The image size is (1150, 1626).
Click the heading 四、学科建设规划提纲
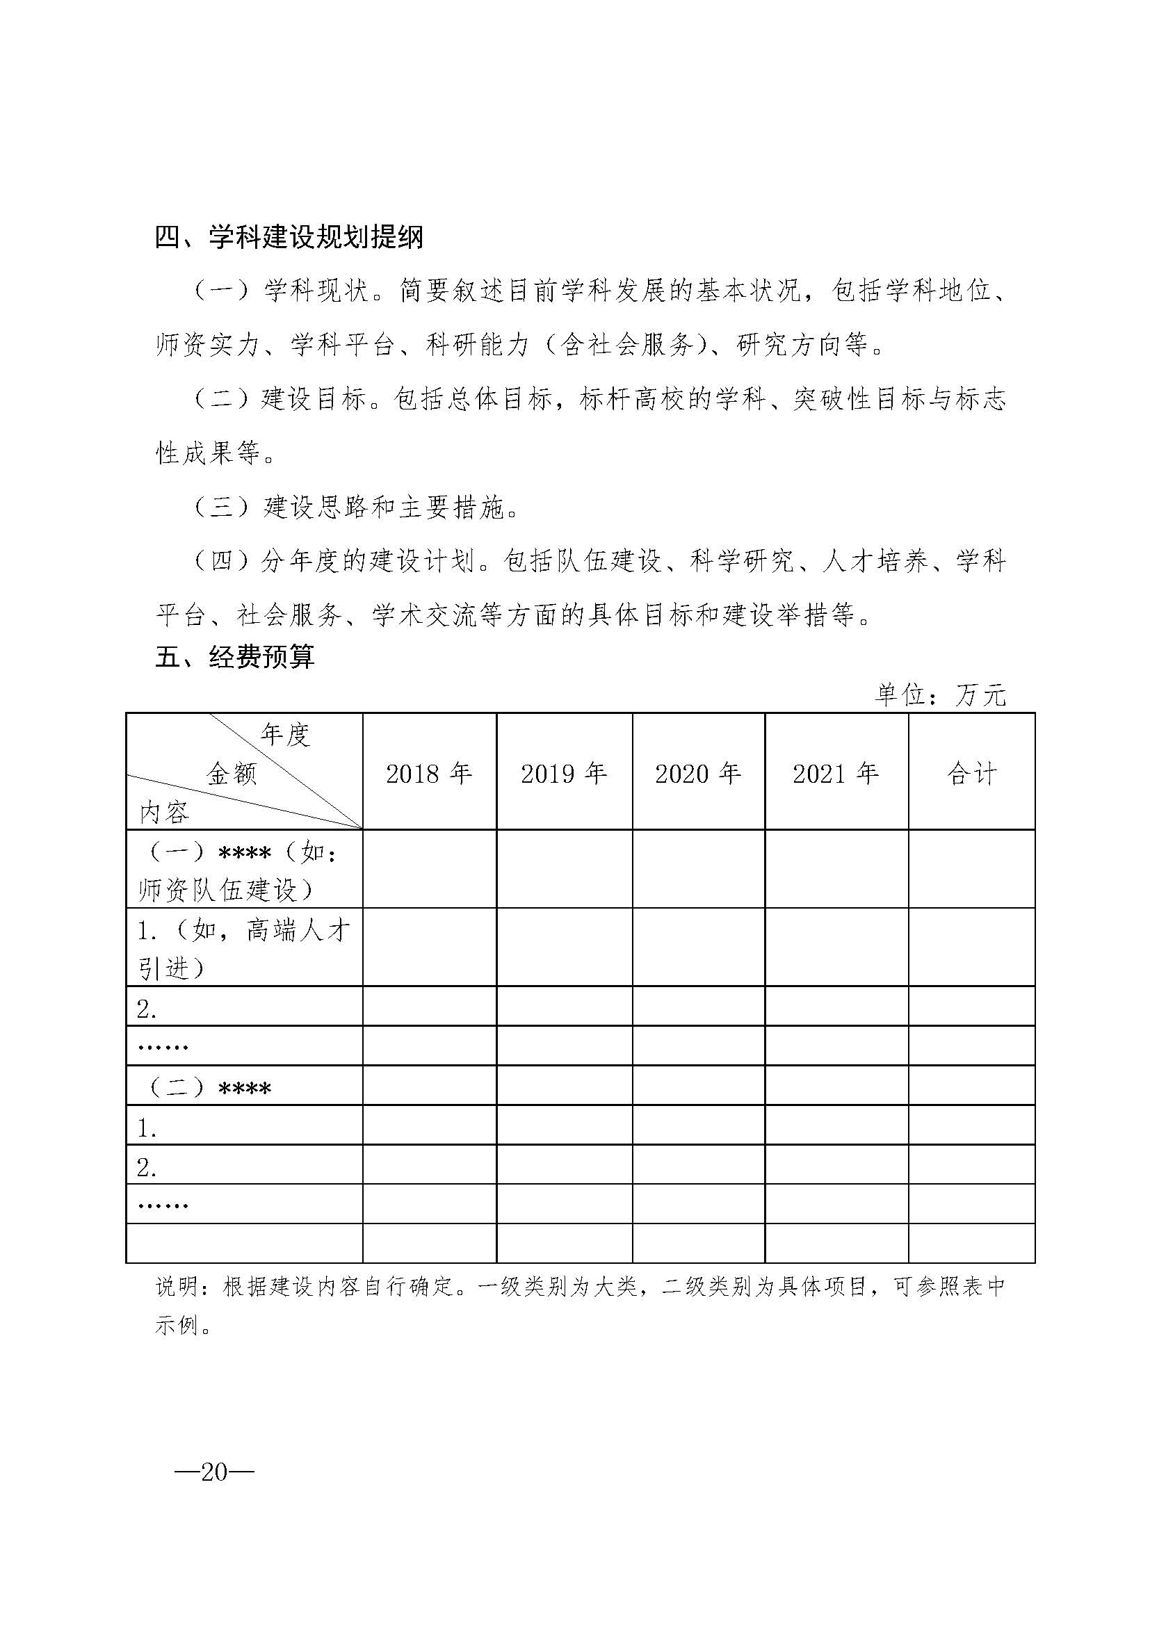(x=289, y=237)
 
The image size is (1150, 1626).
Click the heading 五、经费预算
(x=235, y=657)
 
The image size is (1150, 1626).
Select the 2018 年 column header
(x=429, y=773)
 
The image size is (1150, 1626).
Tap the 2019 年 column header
(x=565, y=773)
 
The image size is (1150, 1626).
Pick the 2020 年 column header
(x=698, y=773)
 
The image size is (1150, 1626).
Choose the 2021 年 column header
(x=836, y=773)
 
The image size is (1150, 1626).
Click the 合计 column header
(x=971, y=773)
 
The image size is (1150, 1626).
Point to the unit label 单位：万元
(x=941, y=695)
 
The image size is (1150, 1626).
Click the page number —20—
(x=215, y=1472)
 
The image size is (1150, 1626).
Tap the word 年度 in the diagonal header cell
(x=285, y=735)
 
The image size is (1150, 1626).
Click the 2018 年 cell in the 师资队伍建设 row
(x=429, y=870)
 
